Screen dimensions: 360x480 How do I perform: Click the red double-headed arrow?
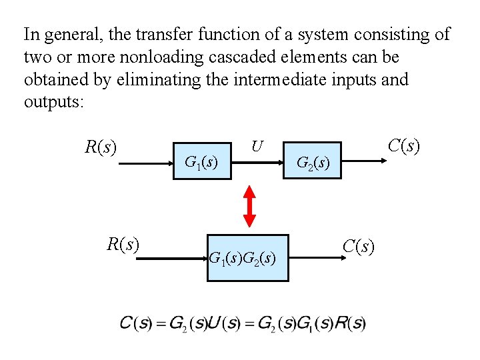click(x=249, y=206)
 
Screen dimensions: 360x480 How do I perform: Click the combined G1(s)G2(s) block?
click(x=248, y=257)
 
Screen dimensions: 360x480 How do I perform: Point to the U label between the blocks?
click(x=257, y=145)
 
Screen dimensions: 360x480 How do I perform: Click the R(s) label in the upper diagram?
click(x=101, y=145)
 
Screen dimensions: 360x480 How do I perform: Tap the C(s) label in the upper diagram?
click(x=404, y=145)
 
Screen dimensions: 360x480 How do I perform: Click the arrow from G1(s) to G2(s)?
click(x=256, y=161)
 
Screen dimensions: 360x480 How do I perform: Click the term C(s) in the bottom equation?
click(x=137, y=324)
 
